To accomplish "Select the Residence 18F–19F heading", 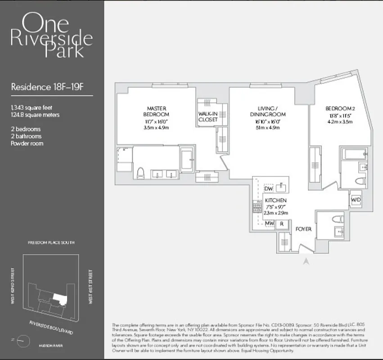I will tap(47, 87).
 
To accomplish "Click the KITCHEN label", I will tap(275, 200).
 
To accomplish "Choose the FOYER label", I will tap(303, 229).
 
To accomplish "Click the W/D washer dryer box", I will tap(355, 198).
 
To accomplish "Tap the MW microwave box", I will tap(269, 223).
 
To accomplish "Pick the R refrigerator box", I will tap(282, 223).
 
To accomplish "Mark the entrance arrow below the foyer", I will tap(306, 260).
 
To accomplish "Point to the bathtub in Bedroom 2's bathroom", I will tap(355, 154).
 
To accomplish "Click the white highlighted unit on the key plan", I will tap(59, 298).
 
